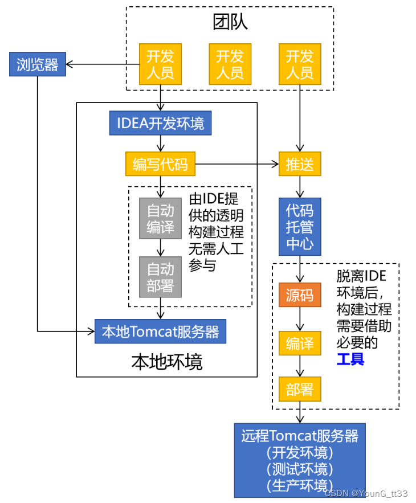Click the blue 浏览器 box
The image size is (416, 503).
[38, 64]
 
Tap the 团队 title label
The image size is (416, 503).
[230, 22]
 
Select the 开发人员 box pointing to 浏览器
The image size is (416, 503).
[160, 64]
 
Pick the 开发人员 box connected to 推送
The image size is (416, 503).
[300, 64]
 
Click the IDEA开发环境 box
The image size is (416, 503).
[160, 123]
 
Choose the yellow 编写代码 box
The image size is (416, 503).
[160, 164]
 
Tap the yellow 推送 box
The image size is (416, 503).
[300, 164]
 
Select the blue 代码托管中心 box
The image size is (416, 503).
[300, 226]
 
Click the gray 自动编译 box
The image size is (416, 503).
[160, 218]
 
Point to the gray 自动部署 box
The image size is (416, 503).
[160, 277]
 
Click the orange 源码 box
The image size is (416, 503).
[300, 295]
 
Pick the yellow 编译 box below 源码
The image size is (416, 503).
[300, 343]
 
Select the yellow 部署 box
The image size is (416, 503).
[300, 389]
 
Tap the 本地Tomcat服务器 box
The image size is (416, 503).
[160, 332]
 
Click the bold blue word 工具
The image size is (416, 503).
[350, 359]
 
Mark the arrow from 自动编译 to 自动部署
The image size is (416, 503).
[161, 248]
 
